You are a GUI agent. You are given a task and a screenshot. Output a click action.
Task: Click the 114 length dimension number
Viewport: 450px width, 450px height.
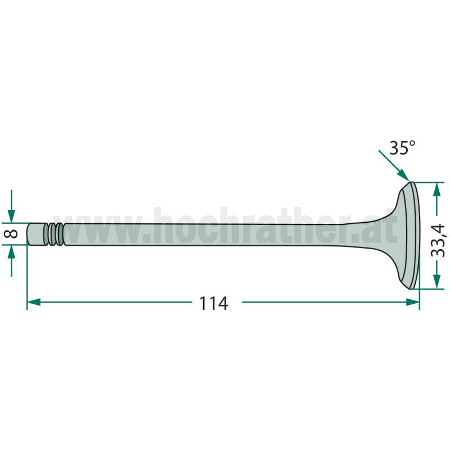(x=214, y=304)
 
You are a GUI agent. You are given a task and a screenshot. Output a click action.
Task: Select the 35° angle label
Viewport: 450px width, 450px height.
(x=402, y=148)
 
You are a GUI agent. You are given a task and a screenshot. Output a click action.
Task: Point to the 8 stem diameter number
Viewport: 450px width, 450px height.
(x=11, y=233)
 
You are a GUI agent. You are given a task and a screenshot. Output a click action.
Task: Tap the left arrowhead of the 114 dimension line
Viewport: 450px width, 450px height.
(x=34, y=302)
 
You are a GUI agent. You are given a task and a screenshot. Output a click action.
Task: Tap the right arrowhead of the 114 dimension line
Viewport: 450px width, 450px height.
(x=413, y=302)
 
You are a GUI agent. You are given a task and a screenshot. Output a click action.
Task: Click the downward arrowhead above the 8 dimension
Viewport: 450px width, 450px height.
(x=11, y=216)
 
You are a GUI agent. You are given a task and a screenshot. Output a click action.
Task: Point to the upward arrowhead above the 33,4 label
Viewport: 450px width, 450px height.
(x=437, y=190)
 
